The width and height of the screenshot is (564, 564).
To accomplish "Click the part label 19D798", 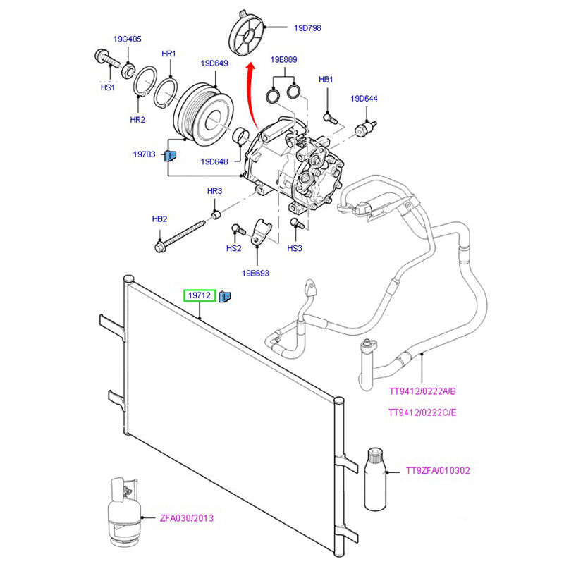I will click(x=307, y=28).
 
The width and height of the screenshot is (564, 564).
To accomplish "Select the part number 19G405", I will click(x=128, y=39).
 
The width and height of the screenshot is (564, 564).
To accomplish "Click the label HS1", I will click(x=106, y=87).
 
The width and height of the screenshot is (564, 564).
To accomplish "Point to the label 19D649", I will click(x=214, y=63).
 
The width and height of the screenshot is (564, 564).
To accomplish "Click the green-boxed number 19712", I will click(x=199, y=295).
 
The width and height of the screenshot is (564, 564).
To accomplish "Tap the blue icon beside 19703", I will click(x=170, y=155).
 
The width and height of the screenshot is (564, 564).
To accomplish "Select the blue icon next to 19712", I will click(x=224, y=296).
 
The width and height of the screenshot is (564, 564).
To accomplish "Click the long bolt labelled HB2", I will click(x=180, y=235).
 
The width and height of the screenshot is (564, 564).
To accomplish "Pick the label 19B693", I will click(x=255, y=273).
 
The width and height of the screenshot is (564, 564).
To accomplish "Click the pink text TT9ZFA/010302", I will click(x=438, y=470).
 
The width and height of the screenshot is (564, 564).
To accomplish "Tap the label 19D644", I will click(x=365, y=99).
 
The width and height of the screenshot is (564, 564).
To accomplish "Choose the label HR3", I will click(x=214, y=191).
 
